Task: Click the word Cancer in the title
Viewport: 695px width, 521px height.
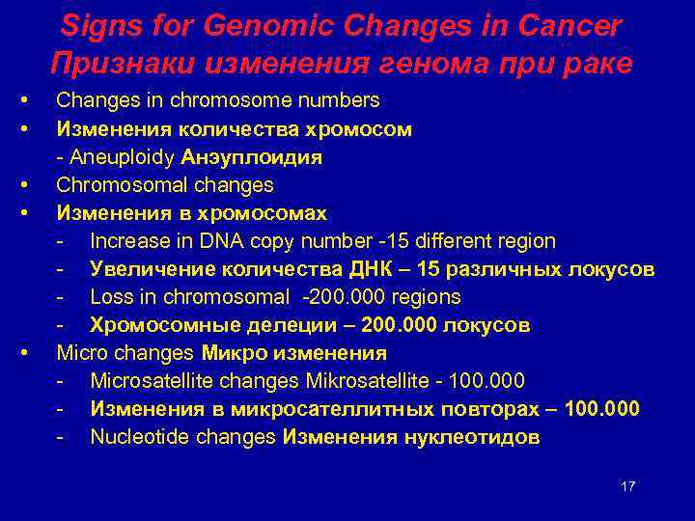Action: (x=564, y=26)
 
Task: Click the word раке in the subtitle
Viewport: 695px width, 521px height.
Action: (x=598, y=64)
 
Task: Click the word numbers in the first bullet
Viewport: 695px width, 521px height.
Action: (x=342, y=100)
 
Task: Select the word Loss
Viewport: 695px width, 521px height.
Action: (x=108, y=297)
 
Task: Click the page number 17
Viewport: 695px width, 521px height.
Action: (x=627, y=486)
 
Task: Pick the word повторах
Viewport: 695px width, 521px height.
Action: (x=498, y=409)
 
